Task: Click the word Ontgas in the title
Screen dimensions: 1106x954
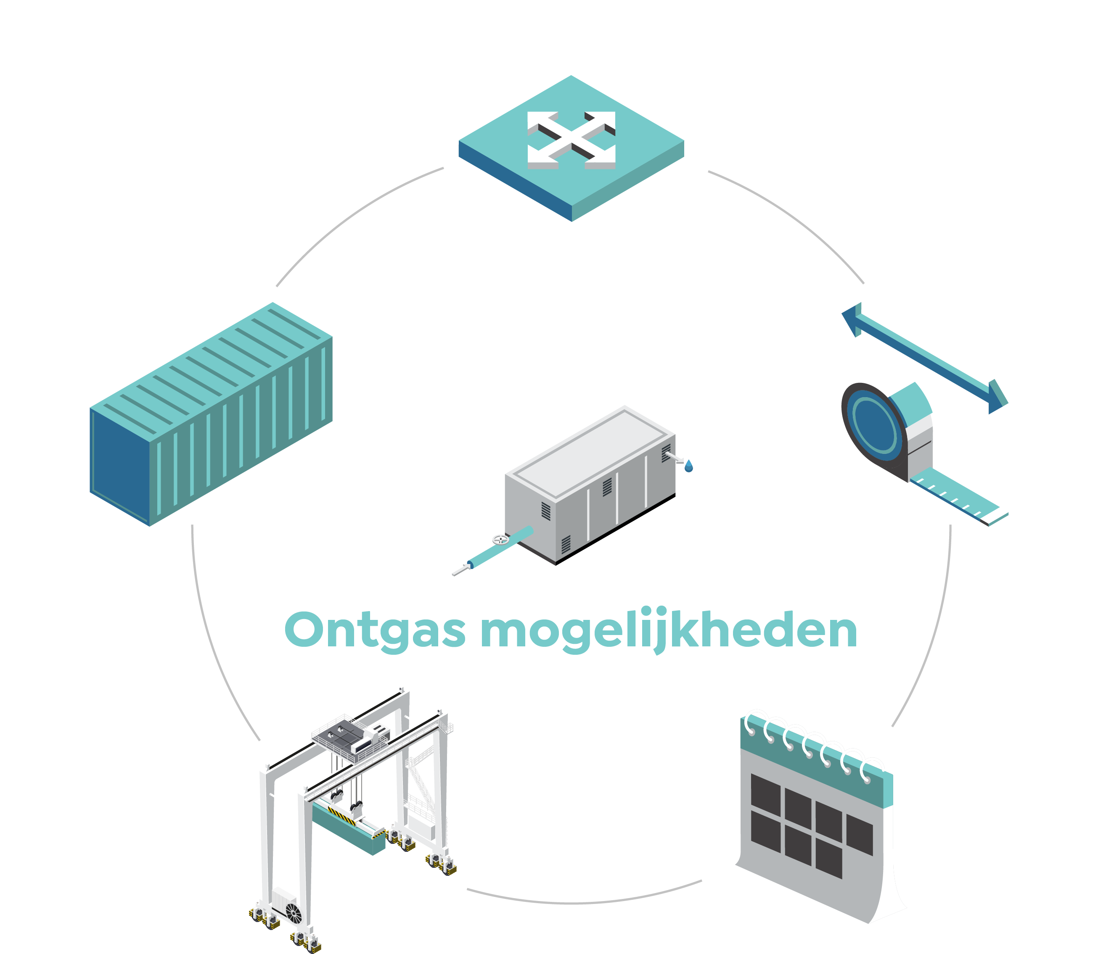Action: tap(375, 631)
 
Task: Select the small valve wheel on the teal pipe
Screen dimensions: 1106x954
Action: tap(500, 540)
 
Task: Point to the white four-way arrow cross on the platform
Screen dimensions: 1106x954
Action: tap(571, 140)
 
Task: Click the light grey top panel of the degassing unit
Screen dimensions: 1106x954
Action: tap(590, 453)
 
